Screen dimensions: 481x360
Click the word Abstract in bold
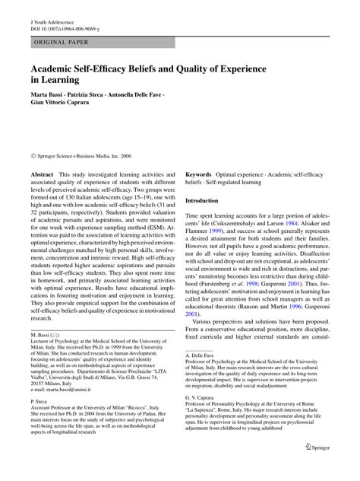coord(42,175)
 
